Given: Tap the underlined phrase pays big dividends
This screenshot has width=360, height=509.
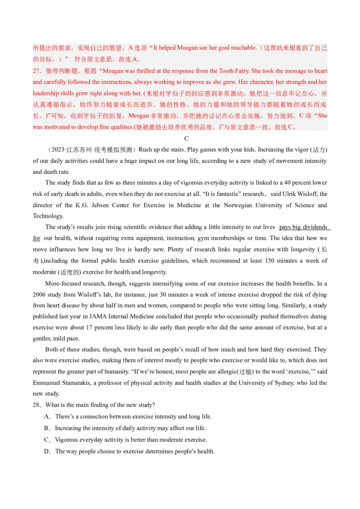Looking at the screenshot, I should point(302,227).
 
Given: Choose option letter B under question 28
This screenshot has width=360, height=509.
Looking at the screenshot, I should point(46,428).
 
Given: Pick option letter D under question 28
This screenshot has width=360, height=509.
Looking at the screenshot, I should point(46,451).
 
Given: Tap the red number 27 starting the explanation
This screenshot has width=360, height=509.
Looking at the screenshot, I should point(37,71).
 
